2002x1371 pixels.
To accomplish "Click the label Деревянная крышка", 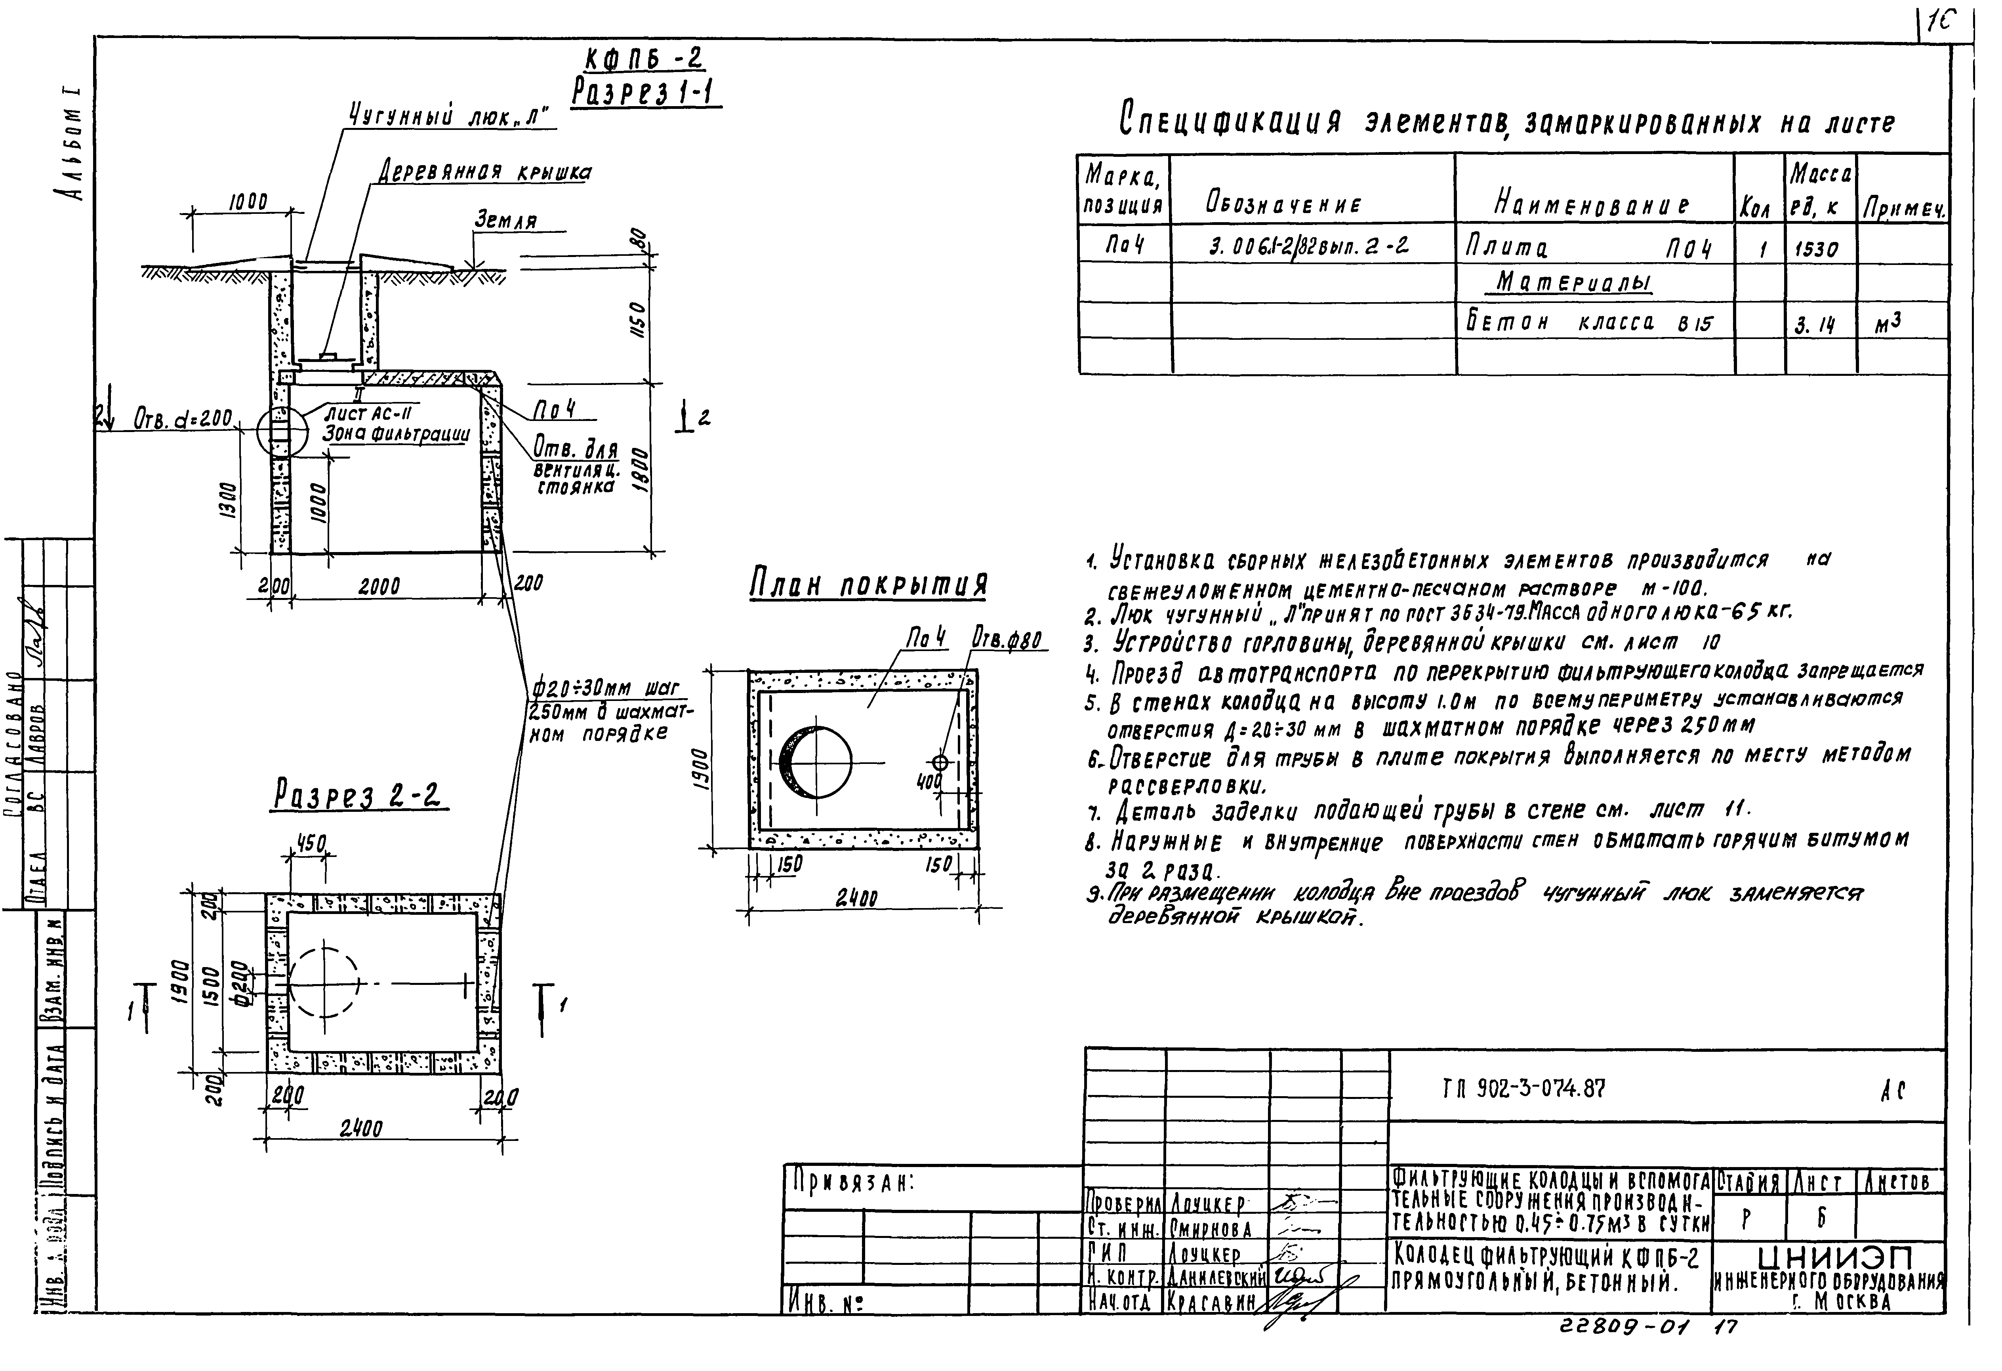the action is tap(485, 172).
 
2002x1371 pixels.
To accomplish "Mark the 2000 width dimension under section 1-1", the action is tap(379, 586).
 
